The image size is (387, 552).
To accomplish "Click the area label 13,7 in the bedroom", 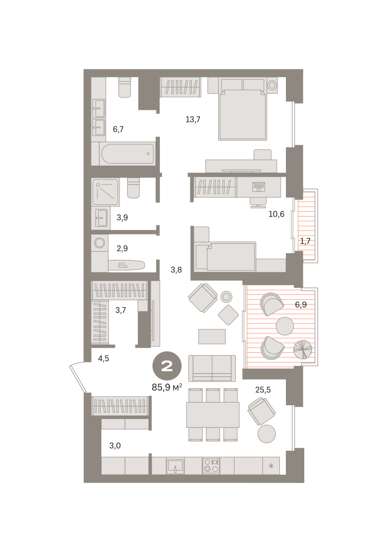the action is pyautogui.click(x=193, y=120).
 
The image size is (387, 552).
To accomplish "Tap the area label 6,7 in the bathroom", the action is pyautogui.click(x=118, y=129).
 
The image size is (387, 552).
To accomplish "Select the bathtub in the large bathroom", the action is pyautogui.click(x=127, y=154).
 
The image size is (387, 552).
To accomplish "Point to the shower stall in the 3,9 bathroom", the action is pyautogui.click(x=105, y=192).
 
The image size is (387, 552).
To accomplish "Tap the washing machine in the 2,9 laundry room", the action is pyautogui.click(x=100, y=243).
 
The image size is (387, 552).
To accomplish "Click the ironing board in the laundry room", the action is pyautogui.click(x=126, y=265).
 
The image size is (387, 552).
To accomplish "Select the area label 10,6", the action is pyautogui.click(x=276, y=214).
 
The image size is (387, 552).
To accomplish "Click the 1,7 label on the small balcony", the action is pyautogui.click(x=305, y=241).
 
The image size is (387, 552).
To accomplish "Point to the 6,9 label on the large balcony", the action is pyautogui.click(x=301, y=305).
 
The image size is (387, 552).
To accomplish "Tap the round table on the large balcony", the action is pyautogui.click(x=285, y=326).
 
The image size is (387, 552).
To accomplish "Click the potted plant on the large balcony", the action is pyautogui.click(x=302, y=350).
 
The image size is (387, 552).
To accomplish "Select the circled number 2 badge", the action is pyautogui.click(x=167, y=366).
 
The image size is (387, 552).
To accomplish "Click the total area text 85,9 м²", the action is pyautogui.click(x=167, y=388).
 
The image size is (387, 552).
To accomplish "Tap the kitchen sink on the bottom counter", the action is pyautogui.click(x=175, y=466).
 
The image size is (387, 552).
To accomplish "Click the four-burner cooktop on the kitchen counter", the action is pyautogui.click(x=211, y=466).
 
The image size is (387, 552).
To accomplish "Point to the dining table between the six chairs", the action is pyautogui.click(x=213, y=415).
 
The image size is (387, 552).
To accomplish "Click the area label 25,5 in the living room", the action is pyautogui.click(x=263, y=390).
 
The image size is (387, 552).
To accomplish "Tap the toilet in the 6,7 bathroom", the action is pyautogui.click(x=125, y=87).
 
